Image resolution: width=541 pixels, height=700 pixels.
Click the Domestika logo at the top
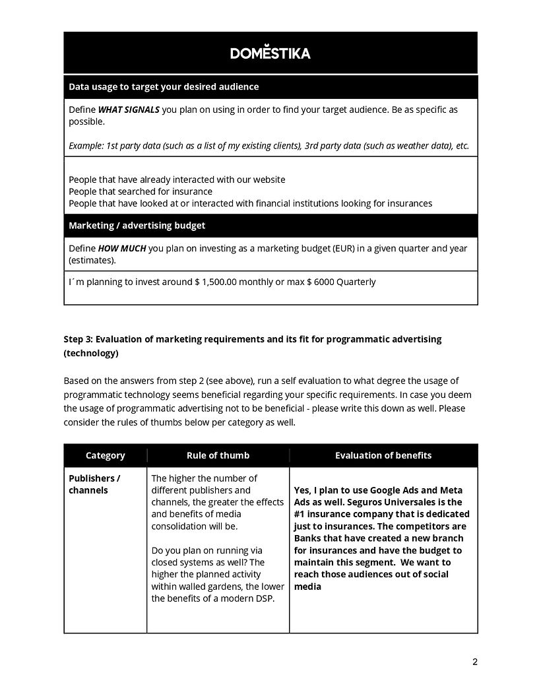click(x=270, y=53)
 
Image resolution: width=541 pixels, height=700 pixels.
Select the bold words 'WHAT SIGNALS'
click(x=129, y=110)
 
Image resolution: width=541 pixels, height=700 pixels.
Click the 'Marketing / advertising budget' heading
click(x=137, y=226)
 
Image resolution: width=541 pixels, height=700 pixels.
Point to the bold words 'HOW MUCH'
click(x=122, y=249)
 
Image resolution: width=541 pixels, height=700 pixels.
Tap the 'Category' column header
click(x=105, y=455)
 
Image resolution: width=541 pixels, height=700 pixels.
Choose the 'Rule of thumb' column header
click(x=218, y=455)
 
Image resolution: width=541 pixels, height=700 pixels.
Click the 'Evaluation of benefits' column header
click(x=383, y=455)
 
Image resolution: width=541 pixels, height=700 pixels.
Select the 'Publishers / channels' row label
click(x=94, y=484)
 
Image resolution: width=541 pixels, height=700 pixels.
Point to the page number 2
click(x=474, y=662)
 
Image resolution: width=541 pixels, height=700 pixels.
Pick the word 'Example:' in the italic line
click(x=87, y=146)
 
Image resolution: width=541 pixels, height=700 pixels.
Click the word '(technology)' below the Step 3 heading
click(x=91, y=353)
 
